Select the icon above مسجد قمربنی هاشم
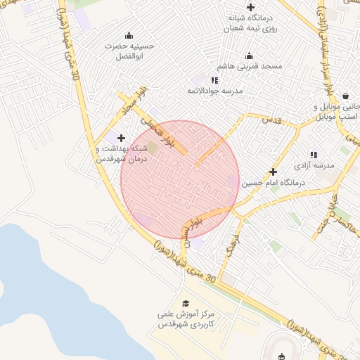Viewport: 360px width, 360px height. pyautogui.click(x=248, y=56)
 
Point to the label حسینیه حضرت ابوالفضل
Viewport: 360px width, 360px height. pyautogui.click(x=129, y=50)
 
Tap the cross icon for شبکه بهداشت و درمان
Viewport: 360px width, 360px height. pyautogui.click(x=122, y=138)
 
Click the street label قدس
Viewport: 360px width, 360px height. pyautogui.click(x=271, y=120)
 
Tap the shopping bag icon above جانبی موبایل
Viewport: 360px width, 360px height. pyautogui.click(x=345, y=96)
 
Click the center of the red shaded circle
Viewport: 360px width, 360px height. pyautogui.click(x=180, y=179)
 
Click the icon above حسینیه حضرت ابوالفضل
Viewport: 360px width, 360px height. pyautogui.click(x=129, y=36)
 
